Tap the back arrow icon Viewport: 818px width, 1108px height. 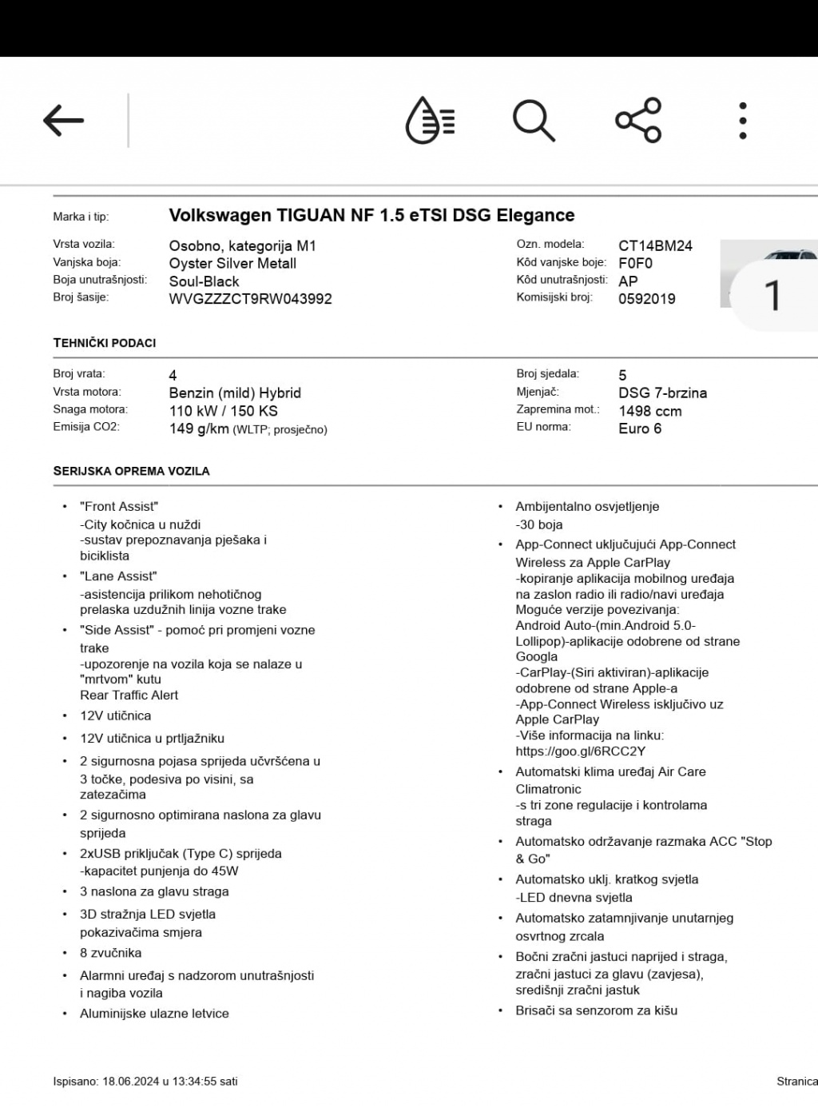point(64,121)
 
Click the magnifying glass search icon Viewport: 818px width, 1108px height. point(533,121)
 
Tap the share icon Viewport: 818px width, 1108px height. point(638,121)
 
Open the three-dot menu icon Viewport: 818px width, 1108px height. point(743,121)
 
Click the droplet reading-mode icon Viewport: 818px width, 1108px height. point(430,121)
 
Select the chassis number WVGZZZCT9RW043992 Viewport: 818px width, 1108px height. point(250,299)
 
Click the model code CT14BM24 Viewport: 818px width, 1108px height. point(655,245)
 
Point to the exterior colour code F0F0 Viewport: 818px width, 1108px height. point(636,263)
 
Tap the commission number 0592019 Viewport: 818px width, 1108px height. point(647,299)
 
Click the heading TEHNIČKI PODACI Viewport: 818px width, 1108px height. point(105,343)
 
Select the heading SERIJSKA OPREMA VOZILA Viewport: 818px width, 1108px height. point(131,471)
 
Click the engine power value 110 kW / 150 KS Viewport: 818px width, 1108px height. point(223,411)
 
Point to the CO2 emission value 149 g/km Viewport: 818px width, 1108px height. point(199,428)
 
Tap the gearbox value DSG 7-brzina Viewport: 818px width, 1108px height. point(662,393)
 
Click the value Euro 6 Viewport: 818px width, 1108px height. point(640,428)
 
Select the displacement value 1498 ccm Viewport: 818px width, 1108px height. point(650,411)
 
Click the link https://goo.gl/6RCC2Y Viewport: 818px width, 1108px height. point(581,751)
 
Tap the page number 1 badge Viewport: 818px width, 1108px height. point(772,295)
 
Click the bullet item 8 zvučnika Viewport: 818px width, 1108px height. point(110,953)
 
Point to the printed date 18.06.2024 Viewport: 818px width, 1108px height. point(130,1082)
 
